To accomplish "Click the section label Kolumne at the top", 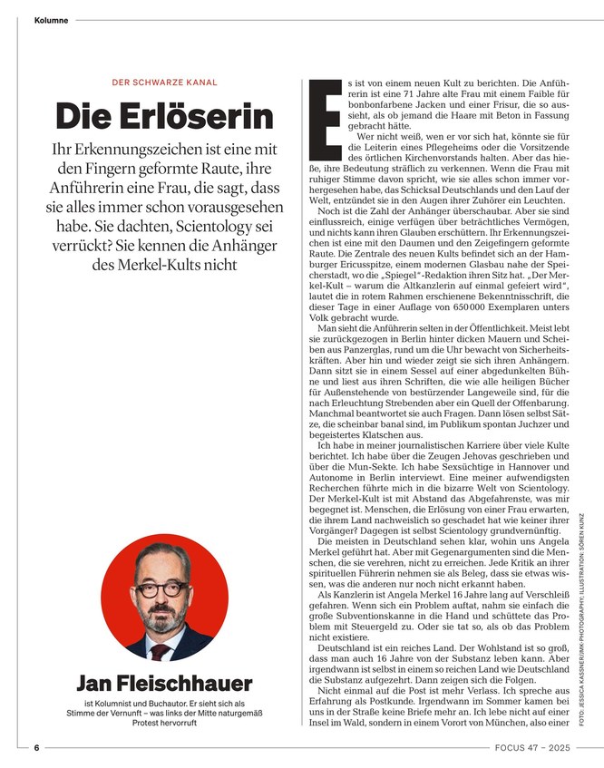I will [x=51, y=20].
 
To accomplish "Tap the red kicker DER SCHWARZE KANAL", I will [x=164, y=83].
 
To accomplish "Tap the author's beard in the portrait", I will [x=162, y=620].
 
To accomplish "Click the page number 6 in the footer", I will [x=37, y=748].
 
